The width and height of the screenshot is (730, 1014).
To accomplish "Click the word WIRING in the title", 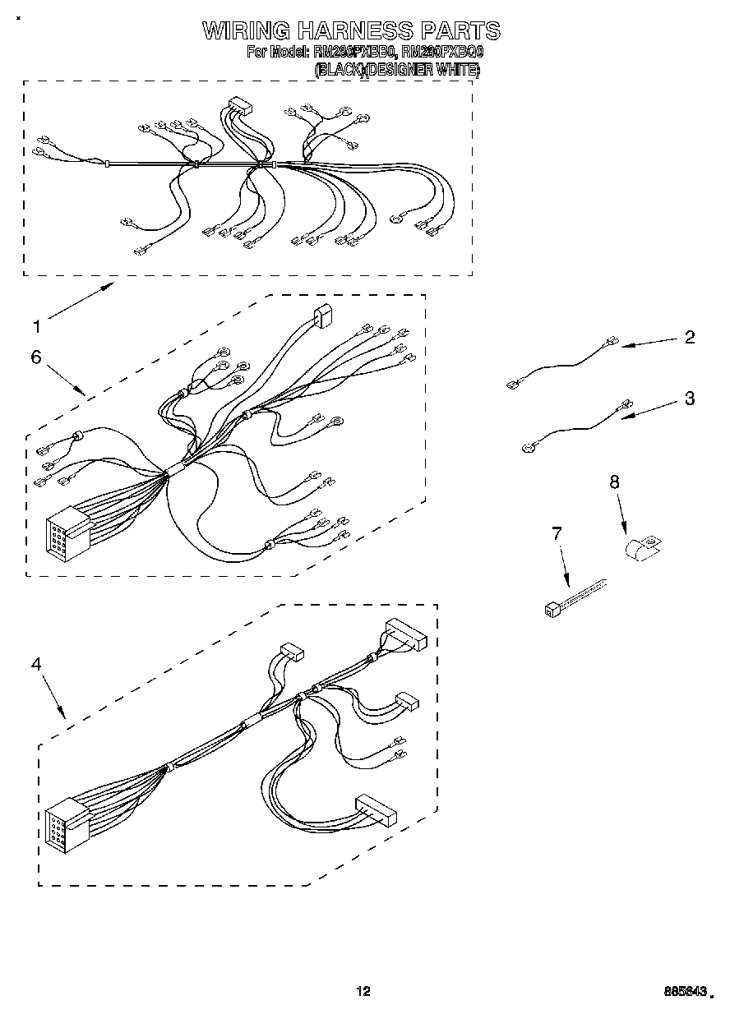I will click(246, 31).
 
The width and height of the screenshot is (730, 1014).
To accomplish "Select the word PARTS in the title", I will click(460, 31).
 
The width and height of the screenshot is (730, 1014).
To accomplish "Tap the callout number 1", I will click(35, 327).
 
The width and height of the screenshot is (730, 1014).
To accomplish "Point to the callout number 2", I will click(689, 337).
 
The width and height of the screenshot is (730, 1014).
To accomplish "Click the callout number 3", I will click(689, 399).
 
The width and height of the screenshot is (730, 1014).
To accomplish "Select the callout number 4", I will click(35, 664).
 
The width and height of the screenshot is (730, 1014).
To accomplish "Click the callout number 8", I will click(613, 482).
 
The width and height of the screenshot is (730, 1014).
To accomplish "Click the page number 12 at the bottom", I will click(363, 991).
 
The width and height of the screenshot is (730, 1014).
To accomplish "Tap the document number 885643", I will click(684, 992).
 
